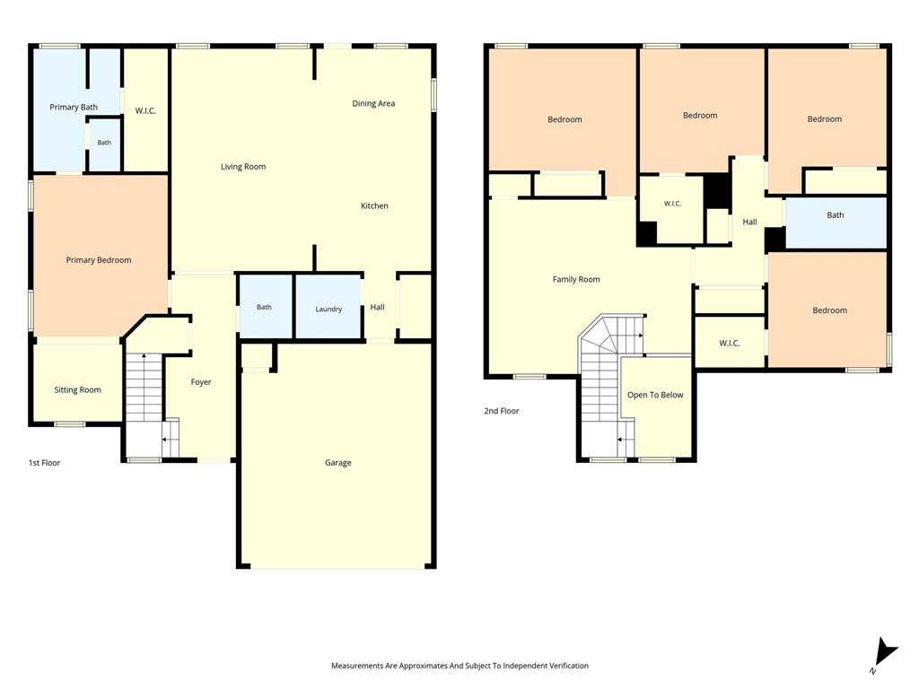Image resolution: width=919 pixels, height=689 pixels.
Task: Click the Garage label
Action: click(x=338, y=462)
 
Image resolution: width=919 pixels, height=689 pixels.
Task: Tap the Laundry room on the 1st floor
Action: click(x=328, y=307)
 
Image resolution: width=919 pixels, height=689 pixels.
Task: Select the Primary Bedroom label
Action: click(x=99, y=260)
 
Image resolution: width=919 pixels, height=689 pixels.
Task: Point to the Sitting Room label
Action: click(x=77, y=389)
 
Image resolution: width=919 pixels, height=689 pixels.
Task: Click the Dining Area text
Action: click(x=373, y=104)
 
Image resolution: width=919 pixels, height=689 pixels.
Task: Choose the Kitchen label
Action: click(x=374, y=205)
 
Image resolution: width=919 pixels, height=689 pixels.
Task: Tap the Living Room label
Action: click(x=243, y=167)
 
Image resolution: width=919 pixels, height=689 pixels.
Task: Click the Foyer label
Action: click(x=201, y=382)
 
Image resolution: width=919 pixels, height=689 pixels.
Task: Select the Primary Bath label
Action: click(x=74, y=108)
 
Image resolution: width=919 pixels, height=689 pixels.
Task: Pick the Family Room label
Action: click(x=576, y=280)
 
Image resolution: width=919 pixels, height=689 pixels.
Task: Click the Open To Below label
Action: click(x=655, y=395)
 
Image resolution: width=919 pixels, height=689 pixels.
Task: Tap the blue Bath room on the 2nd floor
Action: click(x=836, y=222)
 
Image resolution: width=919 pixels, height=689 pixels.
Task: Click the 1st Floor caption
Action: click(x=45, y=463)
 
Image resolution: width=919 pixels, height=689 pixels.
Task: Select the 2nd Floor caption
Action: click(x=502, y=411)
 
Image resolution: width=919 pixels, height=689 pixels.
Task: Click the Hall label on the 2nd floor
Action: click(x=749, y=222)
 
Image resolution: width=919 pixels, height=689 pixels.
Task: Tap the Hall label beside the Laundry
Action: click(x=378, y=307)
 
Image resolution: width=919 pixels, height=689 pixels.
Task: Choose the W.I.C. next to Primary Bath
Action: click(x=145, y=110)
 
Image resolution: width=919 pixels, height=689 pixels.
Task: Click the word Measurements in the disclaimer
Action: click(x=357, y=666)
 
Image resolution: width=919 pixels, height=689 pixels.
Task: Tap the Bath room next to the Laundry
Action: click(x=265, y=307)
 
